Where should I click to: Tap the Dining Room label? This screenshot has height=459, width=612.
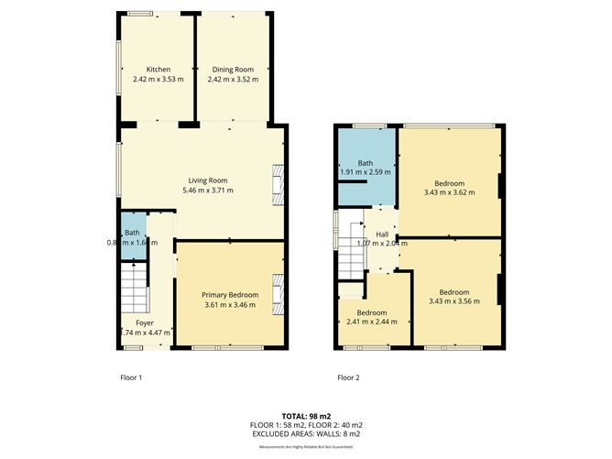(233, 70)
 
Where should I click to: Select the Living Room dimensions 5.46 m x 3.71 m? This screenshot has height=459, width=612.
(208, 191)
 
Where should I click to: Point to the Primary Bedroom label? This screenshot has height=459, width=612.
(230, 294)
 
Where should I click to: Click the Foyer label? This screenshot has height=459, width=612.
(145, 322)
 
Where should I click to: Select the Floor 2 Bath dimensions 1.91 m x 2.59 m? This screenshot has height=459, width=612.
(366, 171)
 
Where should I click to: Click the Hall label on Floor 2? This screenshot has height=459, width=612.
(381, 235)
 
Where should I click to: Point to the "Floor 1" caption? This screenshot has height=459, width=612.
(131, 377)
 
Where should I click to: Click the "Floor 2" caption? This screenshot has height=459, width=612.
(347, 377)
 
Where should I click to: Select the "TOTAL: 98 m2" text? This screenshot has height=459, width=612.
(306, 415)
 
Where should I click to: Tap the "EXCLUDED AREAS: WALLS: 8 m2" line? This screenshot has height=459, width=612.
(306, 435)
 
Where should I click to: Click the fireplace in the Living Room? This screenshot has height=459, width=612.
(277, 181)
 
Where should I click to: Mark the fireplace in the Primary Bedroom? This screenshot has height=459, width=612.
(277, 293)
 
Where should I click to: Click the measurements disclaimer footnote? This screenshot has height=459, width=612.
(306, 446)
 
